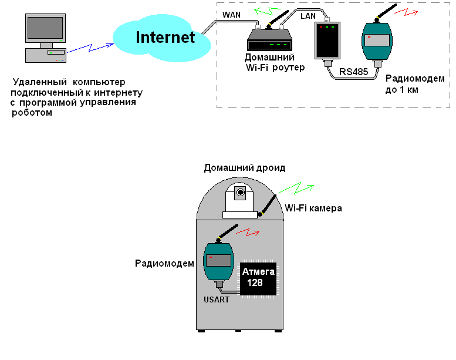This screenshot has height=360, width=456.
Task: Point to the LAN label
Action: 308,16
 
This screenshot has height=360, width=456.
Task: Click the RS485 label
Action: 353,72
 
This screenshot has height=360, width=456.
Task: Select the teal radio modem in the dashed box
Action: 376,43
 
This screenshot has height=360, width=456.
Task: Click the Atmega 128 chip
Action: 258,277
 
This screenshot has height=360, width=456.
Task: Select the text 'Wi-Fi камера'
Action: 313,208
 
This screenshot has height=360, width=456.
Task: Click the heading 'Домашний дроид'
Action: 244,168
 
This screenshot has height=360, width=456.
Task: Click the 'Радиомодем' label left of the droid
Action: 164,264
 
